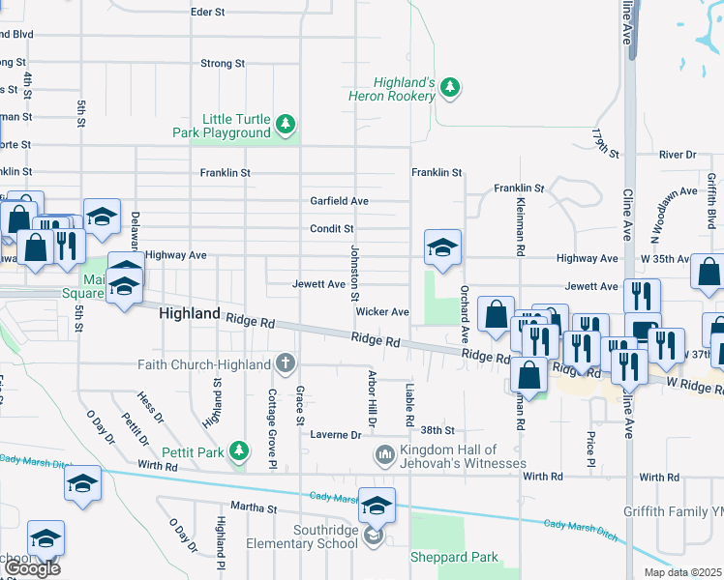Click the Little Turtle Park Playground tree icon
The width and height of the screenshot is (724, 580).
click(x=285, y=124)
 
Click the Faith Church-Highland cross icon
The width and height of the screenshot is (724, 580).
click(x=285, y=363)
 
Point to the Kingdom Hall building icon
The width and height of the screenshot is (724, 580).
click(x=384, y=453)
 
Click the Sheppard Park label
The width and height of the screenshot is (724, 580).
click(x=454, y=557)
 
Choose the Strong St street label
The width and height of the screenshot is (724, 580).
click(x=222, y=64)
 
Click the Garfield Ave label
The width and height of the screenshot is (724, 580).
click(x=339, y=201)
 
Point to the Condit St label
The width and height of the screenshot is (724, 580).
click(x=331, y=229)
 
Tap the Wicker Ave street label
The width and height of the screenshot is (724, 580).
click(x=382, y=312)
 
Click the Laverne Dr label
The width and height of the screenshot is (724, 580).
click(x=335, y=435)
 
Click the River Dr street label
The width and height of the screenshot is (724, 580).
click(x=677, y=155)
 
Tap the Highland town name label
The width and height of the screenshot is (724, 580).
click(x=189, y=314)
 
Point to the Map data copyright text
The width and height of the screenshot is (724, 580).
click(x=683, y=572)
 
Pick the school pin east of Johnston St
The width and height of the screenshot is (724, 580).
click(x=442, y=249)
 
